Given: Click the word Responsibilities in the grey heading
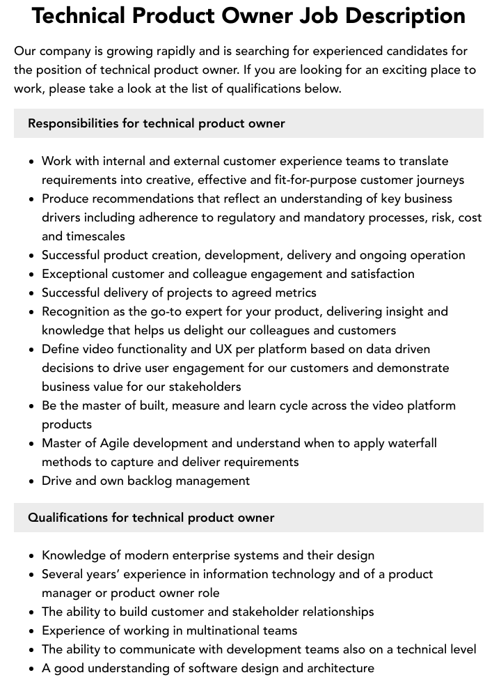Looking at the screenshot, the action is click(x=73, y=123).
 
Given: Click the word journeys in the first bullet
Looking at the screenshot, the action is click(x=436, y=180).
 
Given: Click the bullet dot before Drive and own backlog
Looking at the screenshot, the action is click(x=32, y=481).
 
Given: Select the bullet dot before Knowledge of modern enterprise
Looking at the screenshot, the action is click(x=32, y=556).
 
